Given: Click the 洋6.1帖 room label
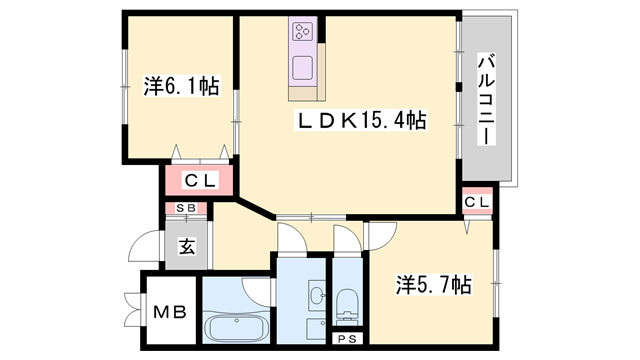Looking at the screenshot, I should pos(181,87).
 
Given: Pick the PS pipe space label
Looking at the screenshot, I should pos(346,339).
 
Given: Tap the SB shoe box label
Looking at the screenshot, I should pos(186,208).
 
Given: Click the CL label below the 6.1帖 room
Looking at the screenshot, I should pos(198,181).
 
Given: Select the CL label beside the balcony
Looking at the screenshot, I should pos(477,203).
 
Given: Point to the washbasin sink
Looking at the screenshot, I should pos(315,297).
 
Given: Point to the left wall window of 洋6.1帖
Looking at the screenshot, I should pos(123,88).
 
